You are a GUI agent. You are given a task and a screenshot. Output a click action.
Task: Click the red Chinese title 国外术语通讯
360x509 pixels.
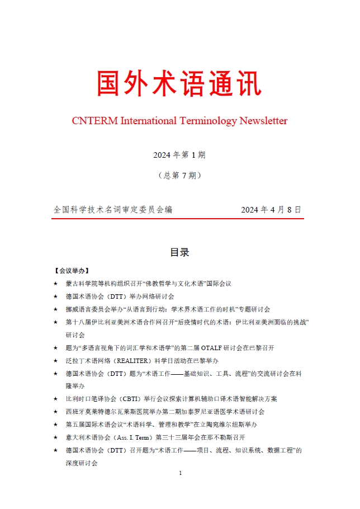tap(179, 84)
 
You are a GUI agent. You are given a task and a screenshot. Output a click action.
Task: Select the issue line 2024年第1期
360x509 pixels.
tap(179, 154)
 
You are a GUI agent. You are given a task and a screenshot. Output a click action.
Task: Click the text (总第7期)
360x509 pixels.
tap(179, 175)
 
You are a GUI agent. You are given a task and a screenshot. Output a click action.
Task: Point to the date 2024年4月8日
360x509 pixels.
tap(271, 210)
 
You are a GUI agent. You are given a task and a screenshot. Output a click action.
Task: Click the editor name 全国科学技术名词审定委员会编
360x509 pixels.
tap(113, 210)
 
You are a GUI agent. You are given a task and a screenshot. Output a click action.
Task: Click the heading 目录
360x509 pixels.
tap(179, 252)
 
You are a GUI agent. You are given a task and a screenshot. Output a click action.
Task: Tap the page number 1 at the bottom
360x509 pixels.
tap(180, 473)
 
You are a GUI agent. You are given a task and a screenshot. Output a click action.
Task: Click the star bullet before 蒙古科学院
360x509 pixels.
tap(55, 284)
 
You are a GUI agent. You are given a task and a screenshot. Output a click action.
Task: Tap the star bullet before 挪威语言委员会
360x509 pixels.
tap(55, 309)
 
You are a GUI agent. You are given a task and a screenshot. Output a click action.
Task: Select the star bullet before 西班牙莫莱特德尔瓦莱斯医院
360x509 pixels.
tap(55, 412)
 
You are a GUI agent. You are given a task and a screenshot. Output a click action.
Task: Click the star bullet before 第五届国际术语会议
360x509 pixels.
tap(55, 425)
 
